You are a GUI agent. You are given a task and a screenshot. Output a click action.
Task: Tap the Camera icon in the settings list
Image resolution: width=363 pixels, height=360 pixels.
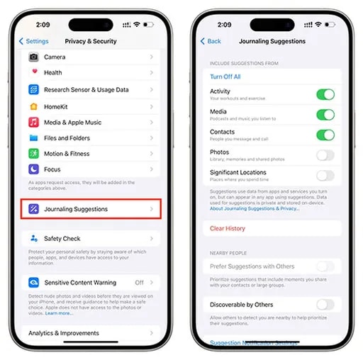coord(34,57)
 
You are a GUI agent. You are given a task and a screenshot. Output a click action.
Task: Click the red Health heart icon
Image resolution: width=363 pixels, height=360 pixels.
coord(34,73)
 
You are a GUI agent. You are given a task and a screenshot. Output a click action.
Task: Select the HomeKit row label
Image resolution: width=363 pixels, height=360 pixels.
coord(57,106)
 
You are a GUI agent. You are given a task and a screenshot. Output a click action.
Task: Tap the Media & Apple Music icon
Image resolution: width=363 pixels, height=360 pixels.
coord(34,122)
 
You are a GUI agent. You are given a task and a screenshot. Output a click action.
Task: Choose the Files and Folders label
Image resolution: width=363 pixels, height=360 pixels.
coord(67,138)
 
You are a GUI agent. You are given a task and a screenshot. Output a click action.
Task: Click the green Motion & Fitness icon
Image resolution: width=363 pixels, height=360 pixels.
coord(34,154)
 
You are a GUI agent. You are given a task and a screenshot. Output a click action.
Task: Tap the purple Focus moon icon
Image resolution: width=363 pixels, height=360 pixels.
coord(34,170)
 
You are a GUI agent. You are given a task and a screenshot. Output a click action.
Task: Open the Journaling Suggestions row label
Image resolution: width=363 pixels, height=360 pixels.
coord(76,209)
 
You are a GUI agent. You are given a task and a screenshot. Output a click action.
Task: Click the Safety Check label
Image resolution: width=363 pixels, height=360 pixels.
coord(62,239)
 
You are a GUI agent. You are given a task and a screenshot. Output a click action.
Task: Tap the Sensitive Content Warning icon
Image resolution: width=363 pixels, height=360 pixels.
coord(34,282)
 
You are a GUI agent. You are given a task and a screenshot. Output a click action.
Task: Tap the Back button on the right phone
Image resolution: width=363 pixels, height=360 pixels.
coord(211,42)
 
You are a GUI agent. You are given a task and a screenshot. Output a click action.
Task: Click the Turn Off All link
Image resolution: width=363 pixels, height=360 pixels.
coord(225,77)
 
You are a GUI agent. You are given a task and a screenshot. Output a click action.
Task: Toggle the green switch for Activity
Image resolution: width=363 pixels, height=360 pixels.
coord(325,95)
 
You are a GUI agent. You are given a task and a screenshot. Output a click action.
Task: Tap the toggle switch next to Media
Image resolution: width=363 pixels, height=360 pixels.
coord(325,115)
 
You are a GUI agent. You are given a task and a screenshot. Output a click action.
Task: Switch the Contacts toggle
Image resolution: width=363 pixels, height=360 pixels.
coord(325,135)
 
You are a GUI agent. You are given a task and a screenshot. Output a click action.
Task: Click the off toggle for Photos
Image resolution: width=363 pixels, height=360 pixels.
coord(325,155)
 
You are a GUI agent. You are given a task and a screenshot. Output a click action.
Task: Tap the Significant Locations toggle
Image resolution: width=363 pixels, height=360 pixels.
coord(325,175)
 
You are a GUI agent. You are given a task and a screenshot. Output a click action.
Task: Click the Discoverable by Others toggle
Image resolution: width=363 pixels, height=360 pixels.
coord(325,305)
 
